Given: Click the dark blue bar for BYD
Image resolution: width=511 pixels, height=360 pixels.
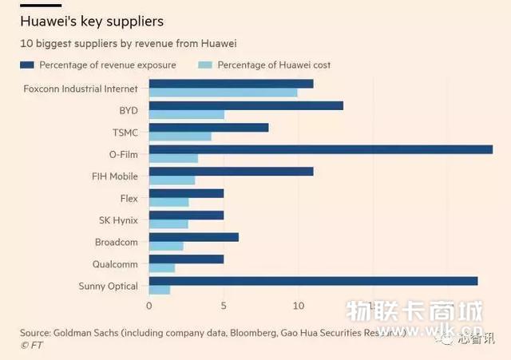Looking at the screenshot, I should pyautogui.click(x=246, y=105).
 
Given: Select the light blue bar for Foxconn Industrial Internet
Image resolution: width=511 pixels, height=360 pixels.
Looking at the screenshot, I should pyautogui.click(x=223, y=93).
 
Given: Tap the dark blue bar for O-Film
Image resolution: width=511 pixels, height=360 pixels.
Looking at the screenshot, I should pyautogui.click(x=320, y=149).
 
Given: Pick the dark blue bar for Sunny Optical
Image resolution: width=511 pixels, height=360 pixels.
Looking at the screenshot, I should pyautogui.click(x=313, y=281).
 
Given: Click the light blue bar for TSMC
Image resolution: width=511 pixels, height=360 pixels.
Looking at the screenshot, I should pyautogui.click(x=180, y=136).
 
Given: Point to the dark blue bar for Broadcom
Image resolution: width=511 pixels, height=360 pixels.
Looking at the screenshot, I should pyautogui.click(x=193, y=237).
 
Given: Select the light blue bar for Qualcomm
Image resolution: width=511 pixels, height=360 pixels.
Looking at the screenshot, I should pyautogui.click(x=161, y=268).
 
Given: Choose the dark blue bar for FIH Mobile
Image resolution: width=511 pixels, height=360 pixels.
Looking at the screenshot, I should pyautogui.click(x=231, y=172).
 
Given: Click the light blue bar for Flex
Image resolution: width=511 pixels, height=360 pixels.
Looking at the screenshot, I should pyautogui.click(x=168, y=202).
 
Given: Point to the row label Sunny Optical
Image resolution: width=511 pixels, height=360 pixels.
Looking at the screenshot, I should pyautogui.click(x=108, y=286).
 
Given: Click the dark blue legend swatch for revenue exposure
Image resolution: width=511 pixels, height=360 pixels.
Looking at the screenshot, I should pyautogui.click(x=27, y=65).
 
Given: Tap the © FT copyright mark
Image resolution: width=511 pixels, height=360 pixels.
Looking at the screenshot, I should pyautogui.click(x=31, y=345).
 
